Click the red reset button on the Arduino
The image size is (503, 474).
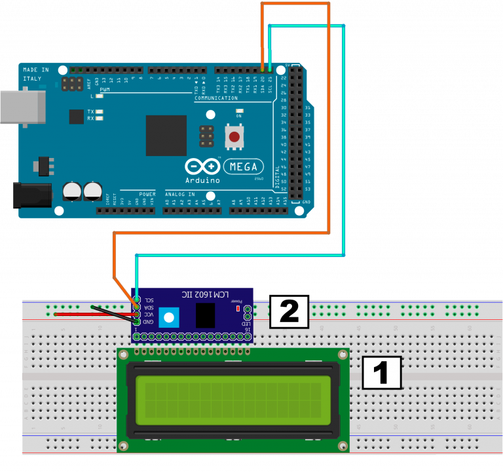[x=234, y=136]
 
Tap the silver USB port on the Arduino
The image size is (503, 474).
[x=22, y=107]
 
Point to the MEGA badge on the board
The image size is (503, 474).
[x=244, y=167]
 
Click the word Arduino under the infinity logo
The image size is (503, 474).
[x=202, y=180]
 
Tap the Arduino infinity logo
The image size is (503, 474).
[x=202, y=166]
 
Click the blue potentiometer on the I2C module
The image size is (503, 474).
[x=170, y=318]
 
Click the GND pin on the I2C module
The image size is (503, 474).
[x=136, y=322]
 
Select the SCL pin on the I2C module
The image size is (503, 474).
[x=136, y=300]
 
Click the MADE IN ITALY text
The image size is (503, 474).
[x=36, y=73]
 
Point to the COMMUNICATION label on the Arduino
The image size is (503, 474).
[x=215, y=98]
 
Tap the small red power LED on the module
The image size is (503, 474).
[x=238, y=307]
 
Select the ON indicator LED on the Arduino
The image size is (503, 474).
[x=240, y=111]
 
